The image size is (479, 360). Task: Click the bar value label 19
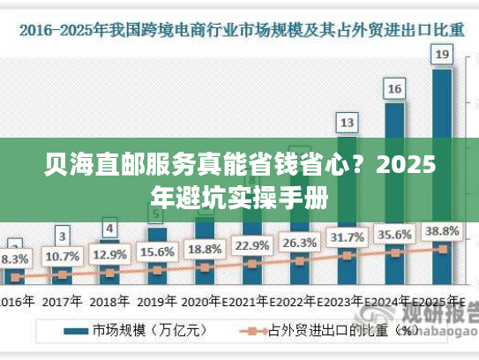click(x=443, y=56)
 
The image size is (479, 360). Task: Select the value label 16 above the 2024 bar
click(x=394, y=88)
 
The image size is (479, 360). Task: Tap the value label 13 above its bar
click(x=348, y=122)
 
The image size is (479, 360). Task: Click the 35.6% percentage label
click(x=394, y=235)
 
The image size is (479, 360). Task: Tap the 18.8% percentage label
click(x=205, y=249)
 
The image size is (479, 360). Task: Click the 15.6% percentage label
click(x=157, y=251)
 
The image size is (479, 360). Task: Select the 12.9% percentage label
click(x=109, y=255)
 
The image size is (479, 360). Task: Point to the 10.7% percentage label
click(x=62, y=258)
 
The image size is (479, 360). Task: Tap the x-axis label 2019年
click(x=157, y=301)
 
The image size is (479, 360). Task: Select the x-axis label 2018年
click(x=109, y=301)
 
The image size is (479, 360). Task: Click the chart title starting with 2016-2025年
click(x=239, y=28)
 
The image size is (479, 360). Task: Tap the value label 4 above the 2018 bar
click(x=109, y=229)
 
